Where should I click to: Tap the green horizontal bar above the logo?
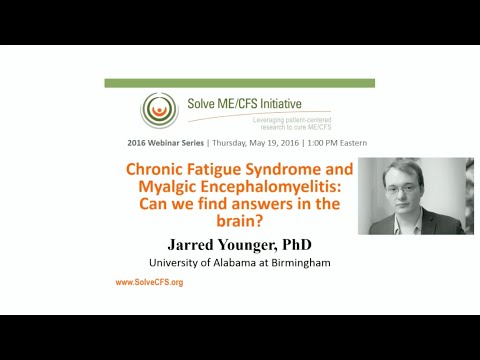click(239, 83)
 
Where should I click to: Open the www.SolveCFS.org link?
click(149, 283)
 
